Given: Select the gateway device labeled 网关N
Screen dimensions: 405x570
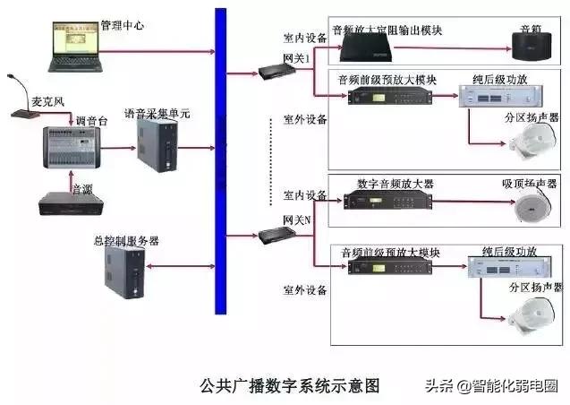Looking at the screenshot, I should tap(273, 237).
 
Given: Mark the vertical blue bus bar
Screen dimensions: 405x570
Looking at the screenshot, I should tap(220, 161).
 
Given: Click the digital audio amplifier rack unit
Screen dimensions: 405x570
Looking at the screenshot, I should tap(387, 206).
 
